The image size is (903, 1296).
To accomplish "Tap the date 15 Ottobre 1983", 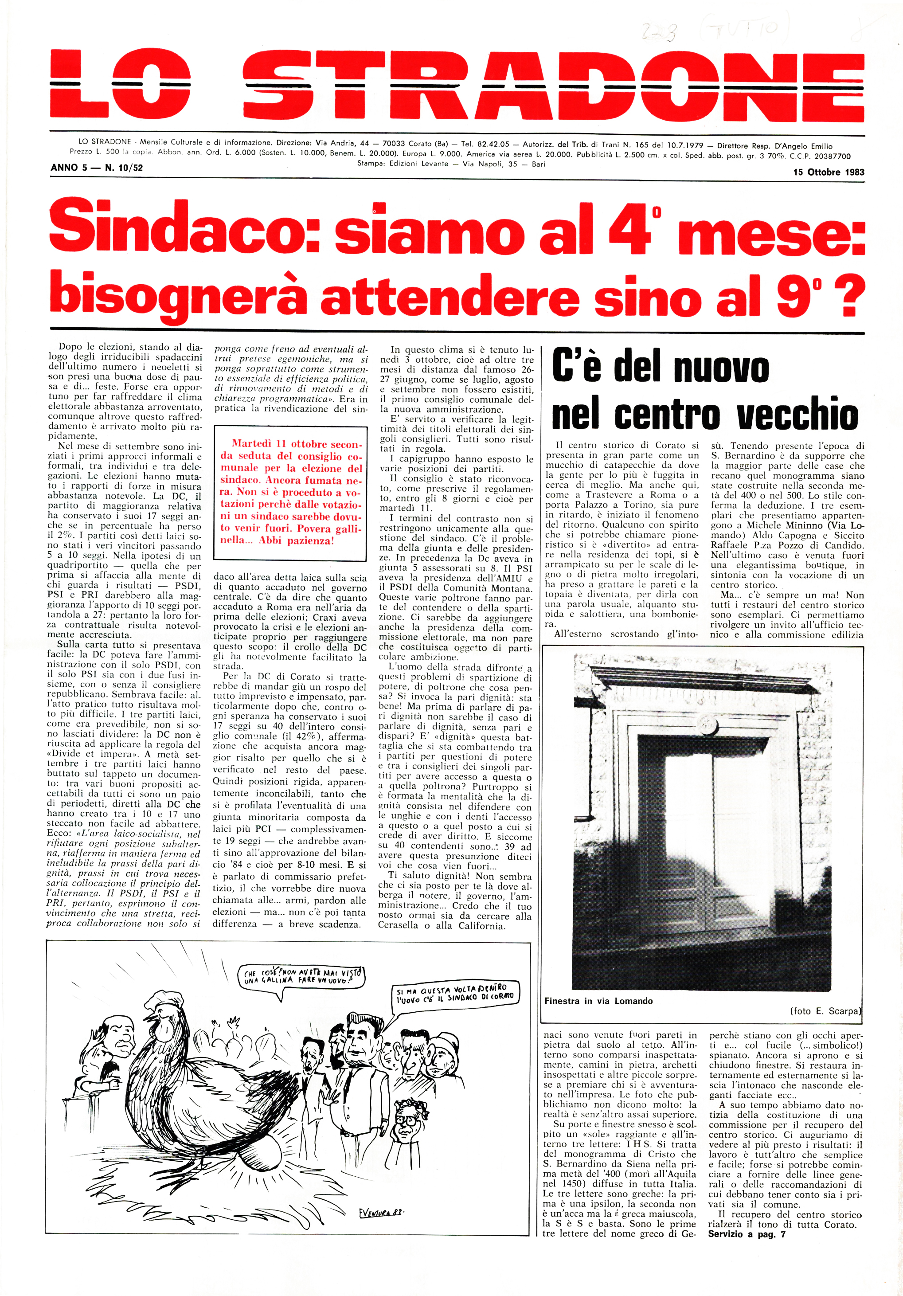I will tap(828, 172).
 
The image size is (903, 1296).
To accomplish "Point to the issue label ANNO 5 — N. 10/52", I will tap(97, 168).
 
